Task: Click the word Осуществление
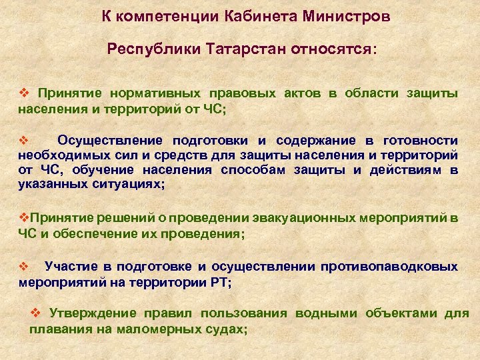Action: pyautogui.click(x=110, y=141)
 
